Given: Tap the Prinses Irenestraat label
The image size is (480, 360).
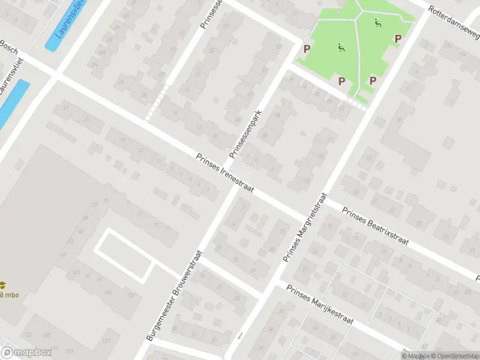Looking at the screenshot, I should coord(225,173).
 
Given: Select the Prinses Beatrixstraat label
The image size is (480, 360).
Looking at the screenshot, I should coord(375,226).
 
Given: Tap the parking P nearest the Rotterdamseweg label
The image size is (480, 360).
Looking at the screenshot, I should coord(397,38).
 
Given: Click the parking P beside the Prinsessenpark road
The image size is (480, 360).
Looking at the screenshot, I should coord(307,49).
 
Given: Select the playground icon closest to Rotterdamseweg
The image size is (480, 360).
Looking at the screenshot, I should coord(378,23).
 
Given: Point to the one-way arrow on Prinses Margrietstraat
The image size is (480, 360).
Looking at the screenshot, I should coord(240,335).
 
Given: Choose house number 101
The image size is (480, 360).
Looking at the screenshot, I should coord(76,273).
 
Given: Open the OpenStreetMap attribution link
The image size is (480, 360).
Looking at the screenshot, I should coord(456,356).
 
